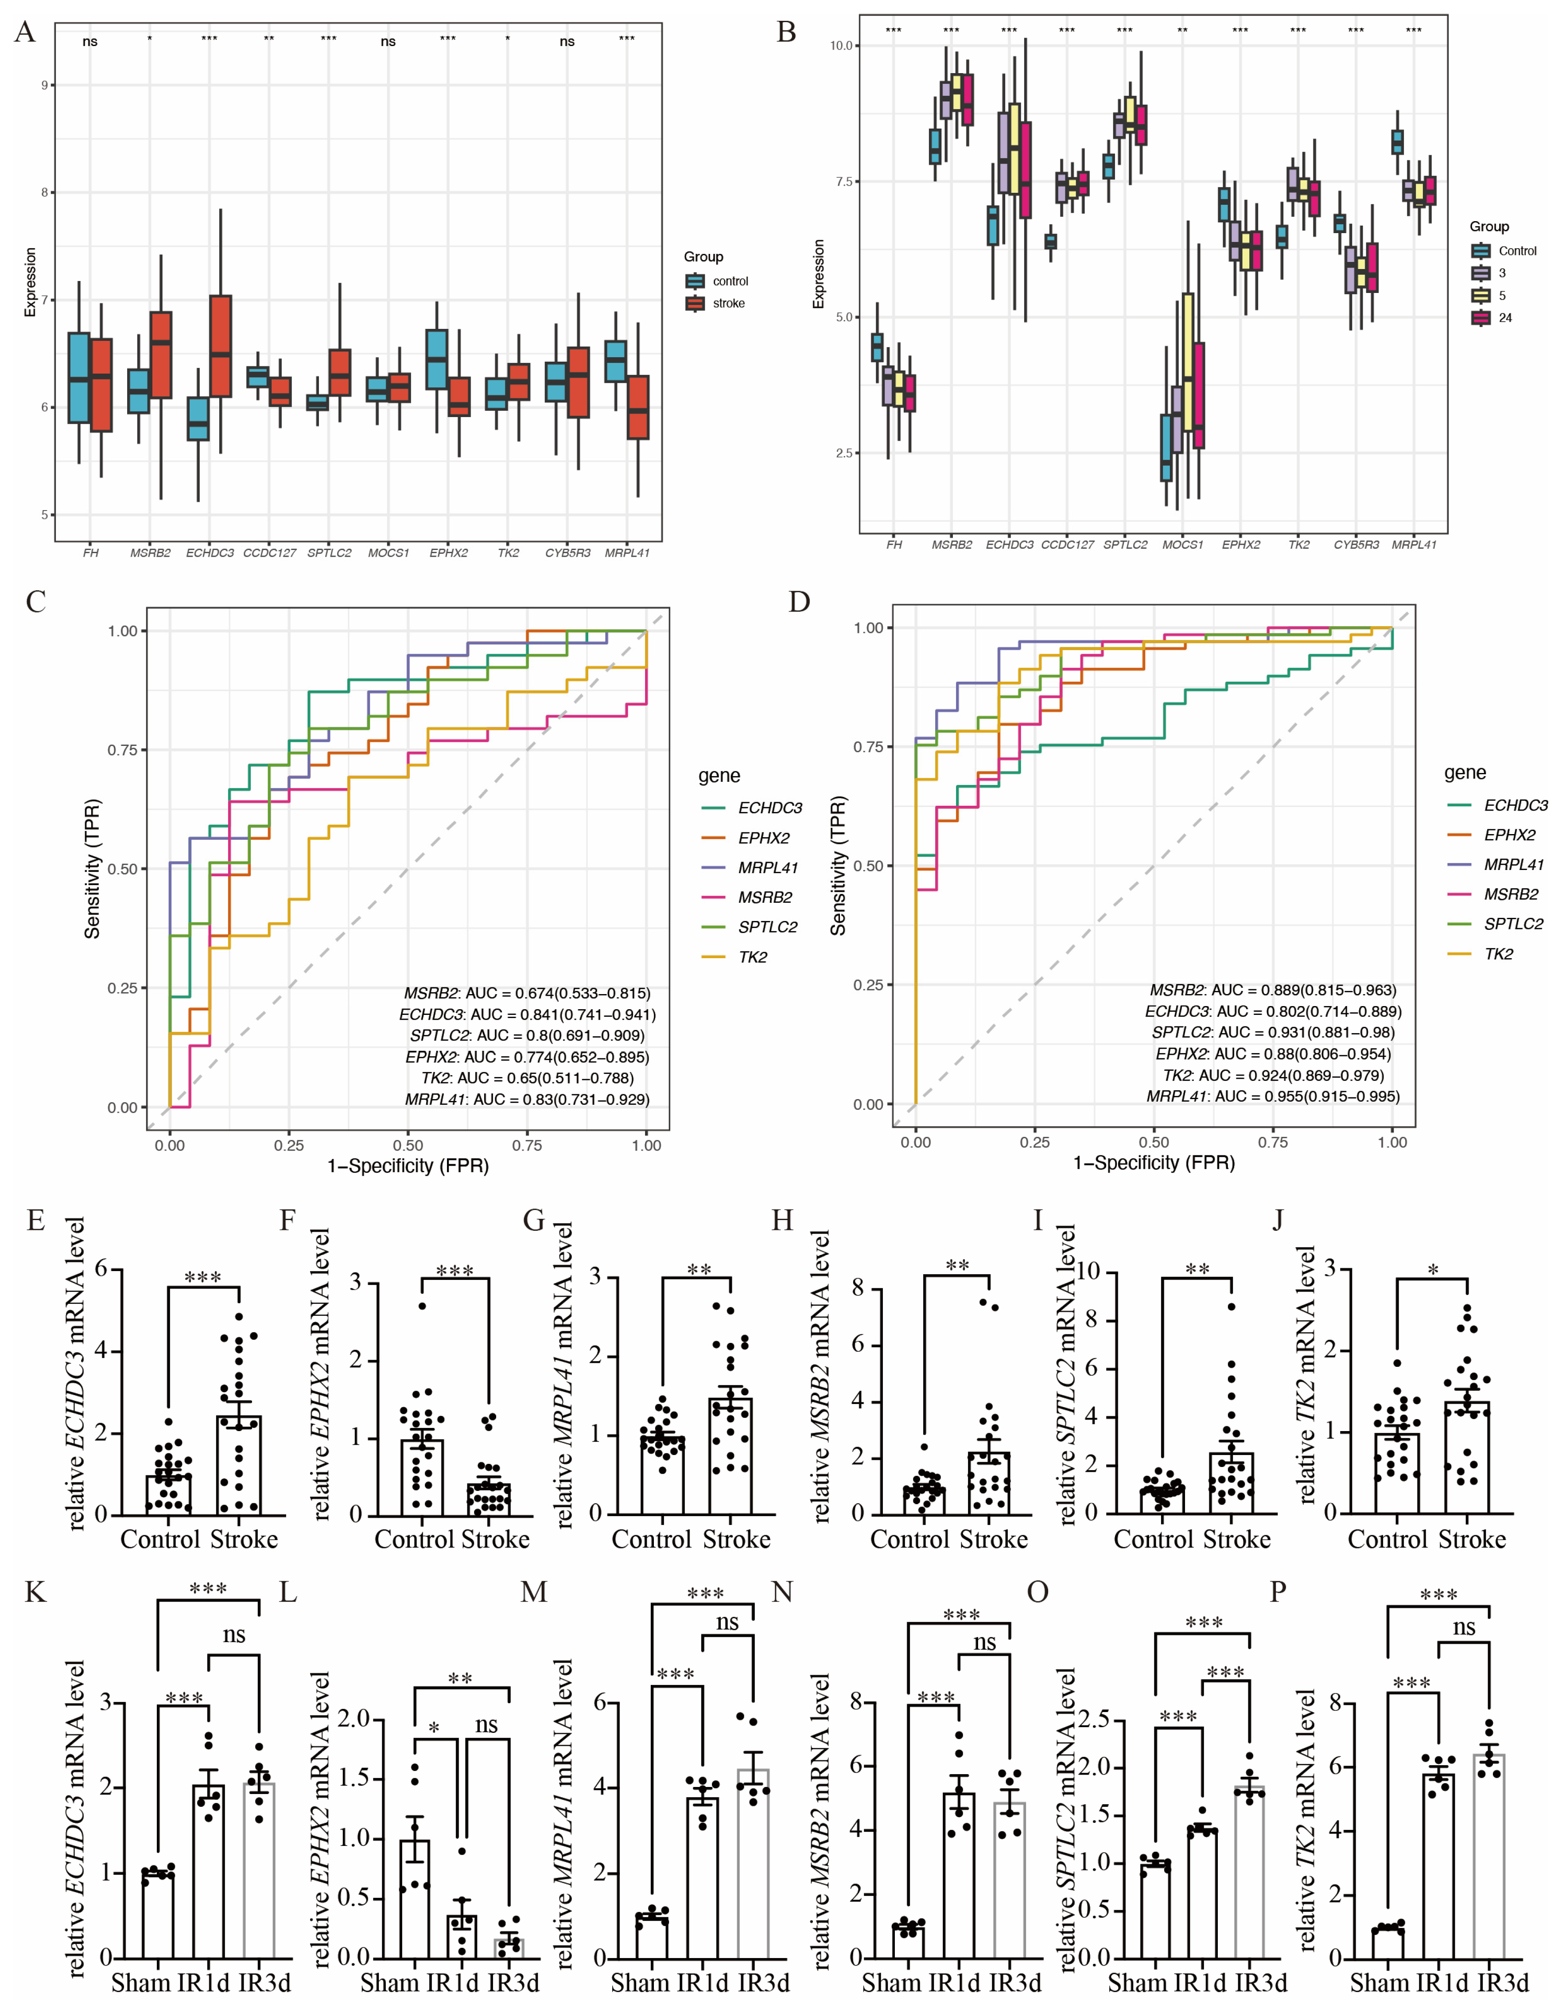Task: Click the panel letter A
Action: click(25, 33)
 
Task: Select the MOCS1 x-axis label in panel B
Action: click(1182, 545)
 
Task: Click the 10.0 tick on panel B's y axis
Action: click(842, 46)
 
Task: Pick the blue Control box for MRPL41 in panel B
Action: click(1398, 142)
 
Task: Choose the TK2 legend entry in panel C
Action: click(752, 957)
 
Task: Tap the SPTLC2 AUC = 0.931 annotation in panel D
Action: click(1274, 1032)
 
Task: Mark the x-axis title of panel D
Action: click(1154, 1162)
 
